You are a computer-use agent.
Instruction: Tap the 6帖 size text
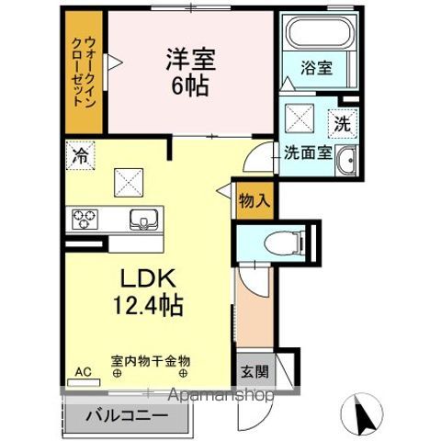[x=190, y=86]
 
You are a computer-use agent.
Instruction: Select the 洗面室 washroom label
[x=306, y=154]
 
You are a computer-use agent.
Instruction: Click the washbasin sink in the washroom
[x=346, y=161]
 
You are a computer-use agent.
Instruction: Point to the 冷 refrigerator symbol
[x=80, y=156]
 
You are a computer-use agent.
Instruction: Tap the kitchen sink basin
[x=145, y=219]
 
